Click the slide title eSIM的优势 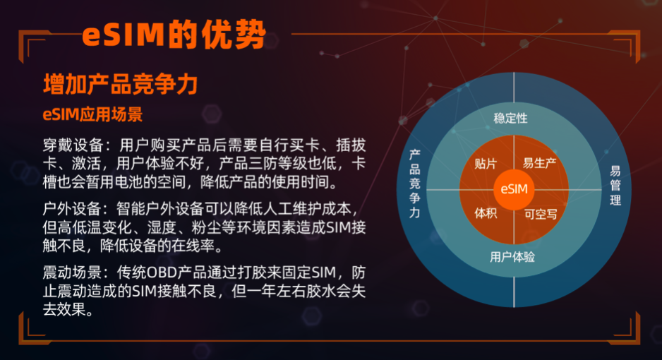174,35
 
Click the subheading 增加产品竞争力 120,84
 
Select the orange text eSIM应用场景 93,114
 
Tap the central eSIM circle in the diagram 514,189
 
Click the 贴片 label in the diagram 486,163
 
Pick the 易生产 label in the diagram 540,163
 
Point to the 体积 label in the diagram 486,213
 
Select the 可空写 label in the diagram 541,214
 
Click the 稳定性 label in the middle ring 510,118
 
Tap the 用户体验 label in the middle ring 512,257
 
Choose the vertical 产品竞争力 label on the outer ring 414,184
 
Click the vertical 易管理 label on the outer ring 615,185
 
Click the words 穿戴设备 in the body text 73,145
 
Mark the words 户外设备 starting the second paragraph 72,209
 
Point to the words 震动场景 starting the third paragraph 72,272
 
